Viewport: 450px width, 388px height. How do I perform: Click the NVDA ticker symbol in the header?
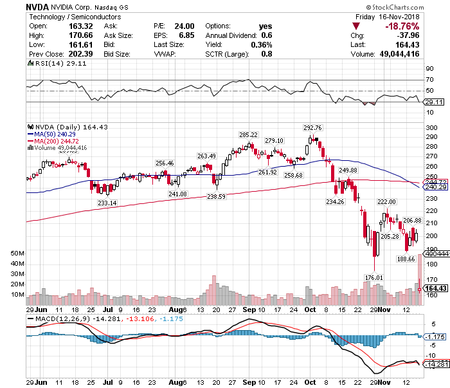click(39, 6)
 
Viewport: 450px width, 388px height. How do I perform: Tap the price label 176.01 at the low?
click(373, 277)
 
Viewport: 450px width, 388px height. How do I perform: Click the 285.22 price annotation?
click(248, 134)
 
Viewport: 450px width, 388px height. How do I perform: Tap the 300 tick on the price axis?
click(431, 128)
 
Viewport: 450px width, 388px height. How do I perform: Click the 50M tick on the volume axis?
click(17, 254)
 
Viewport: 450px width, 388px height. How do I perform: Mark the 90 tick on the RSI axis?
click(429, 69)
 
